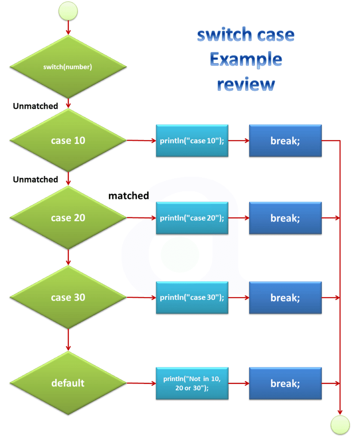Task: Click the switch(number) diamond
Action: pos(68,67)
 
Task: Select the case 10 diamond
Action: pos(68,141)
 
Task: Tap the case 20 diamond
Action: pos(68,218)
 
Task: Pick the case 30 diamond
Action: pos(68,297)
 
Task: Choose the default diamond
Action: pos(68,383)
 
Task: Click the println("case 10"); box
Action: pos(192,141)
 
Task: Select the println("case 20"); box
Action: pos(192,218)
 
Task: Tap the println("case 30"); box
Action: pos(192,297)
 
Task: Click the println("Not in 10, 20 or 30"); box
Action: pos(192,383)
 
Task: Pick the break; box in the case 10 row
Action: pos(285,141)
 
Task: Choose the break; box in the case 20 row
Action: pos(285,218)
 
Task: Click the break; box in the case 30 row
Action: pos(285,297)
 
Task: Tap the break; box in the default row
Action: pos(285,383)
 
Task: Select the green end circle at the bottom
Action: pos(340,425)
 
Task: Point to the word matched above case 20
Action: pos(128,196)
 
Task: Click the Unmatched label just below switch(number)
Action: pos(35,106)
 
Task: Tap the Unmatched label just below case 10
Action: pos(35,179)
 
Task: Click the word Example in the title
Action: pos(246,59)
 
